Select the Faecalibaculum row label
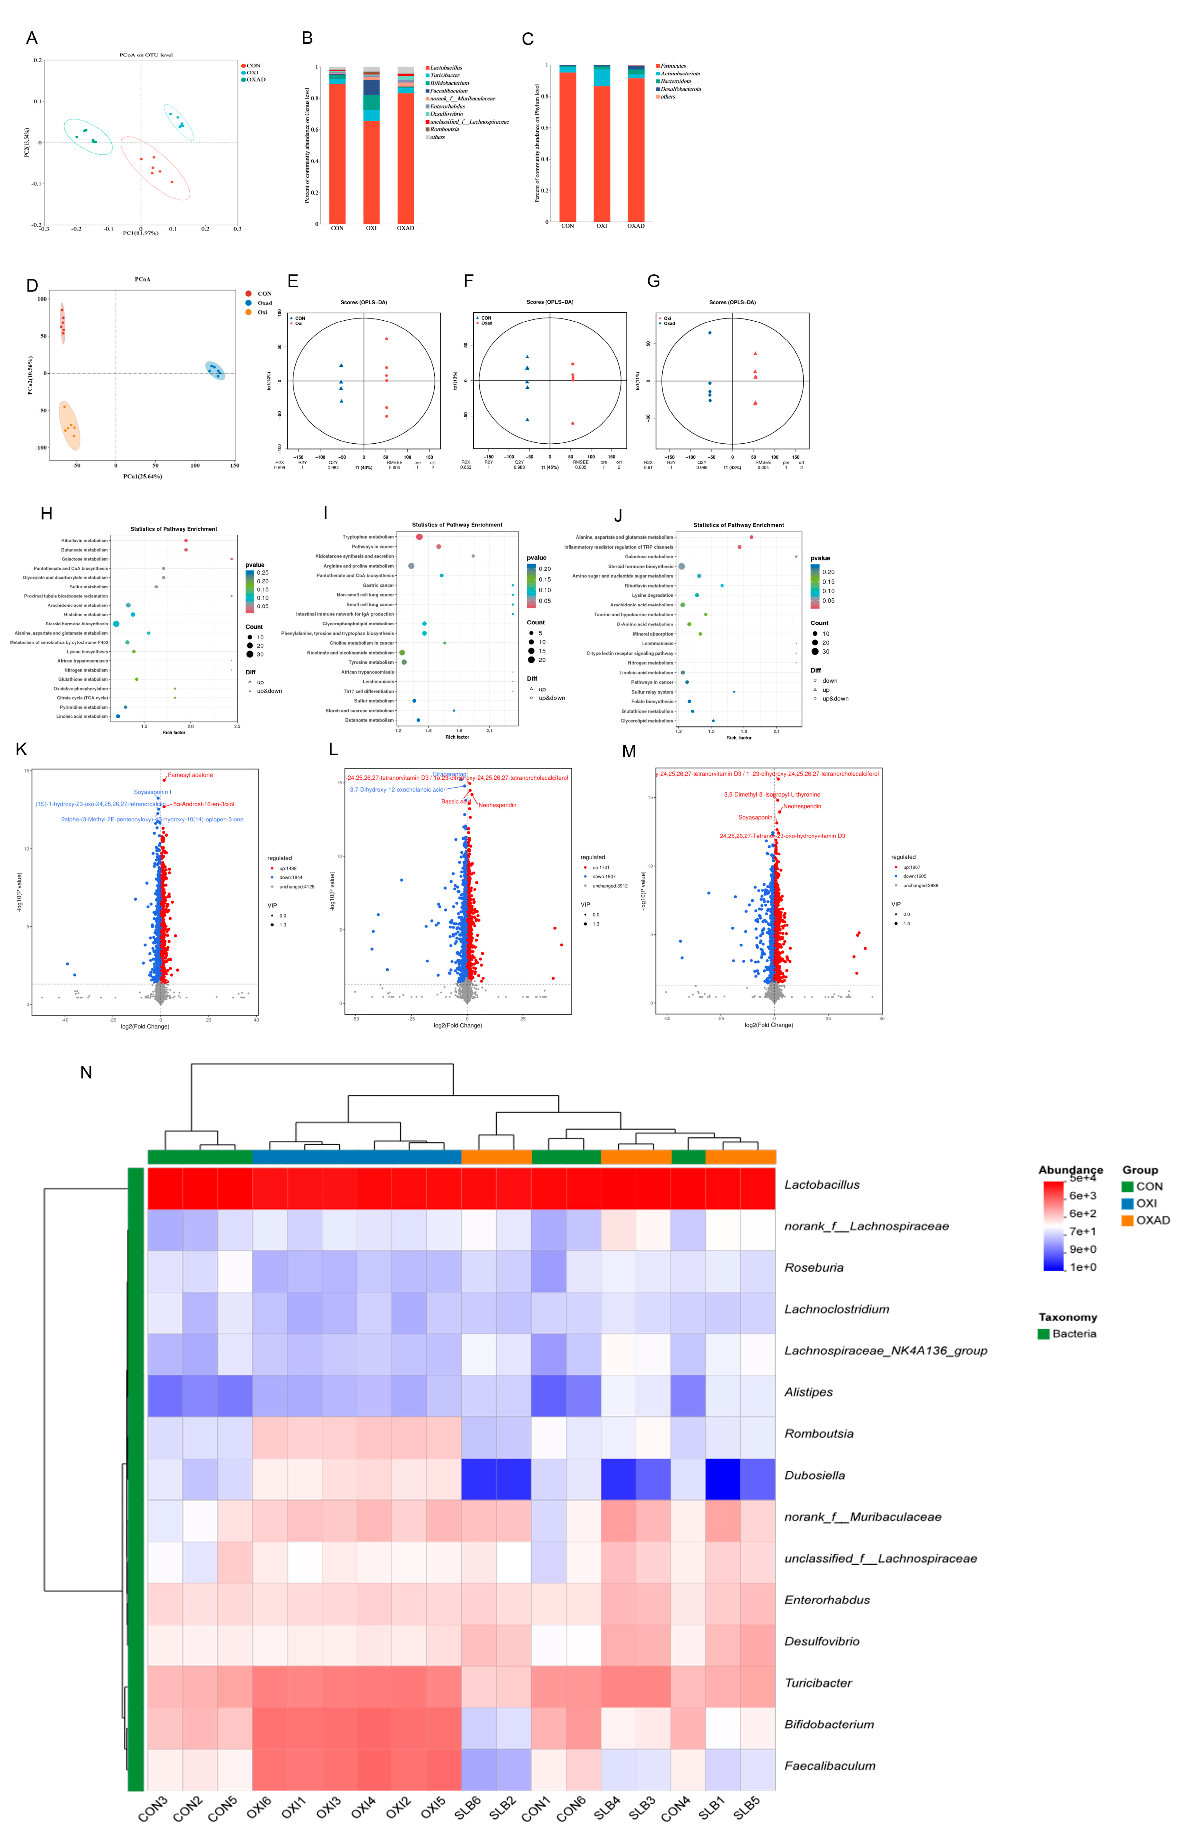tap(829, 1766)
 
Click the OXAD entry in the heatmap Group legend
tap(1152, 1220)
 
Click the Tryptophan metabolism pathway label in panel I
tap(368, 537)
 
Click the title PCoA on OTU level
tap(146, 55)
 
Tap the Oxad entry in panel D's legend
tap(264, 303)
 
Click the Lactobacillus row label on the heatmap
tap(821, 1184)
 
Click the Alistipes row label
tap(808, 1392)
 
